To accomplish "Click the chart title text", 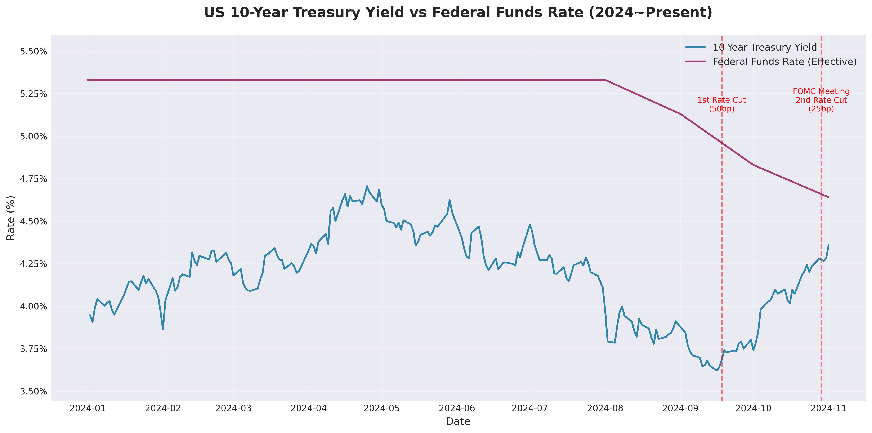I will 458,13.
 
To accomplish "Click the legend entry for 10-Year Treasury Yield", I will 764,47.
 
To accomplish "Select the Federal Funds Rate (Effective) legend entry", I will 784,62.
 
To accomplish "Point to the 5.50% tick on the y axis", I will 33,52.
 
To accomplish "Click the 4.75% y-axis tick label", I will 33,179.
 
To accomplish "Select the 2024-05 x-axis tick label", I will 381,408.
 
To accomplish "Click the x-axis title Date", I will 458,421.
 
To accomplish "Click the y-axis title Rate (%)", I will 11,218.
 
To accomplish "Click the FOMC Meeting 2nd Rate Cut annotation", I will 821,100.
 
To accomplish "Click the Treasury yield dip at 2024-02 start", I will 163,329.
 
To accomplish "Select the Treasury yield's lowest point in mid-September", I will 717,370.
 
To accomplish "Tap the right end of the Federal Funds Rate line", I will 828,197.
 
